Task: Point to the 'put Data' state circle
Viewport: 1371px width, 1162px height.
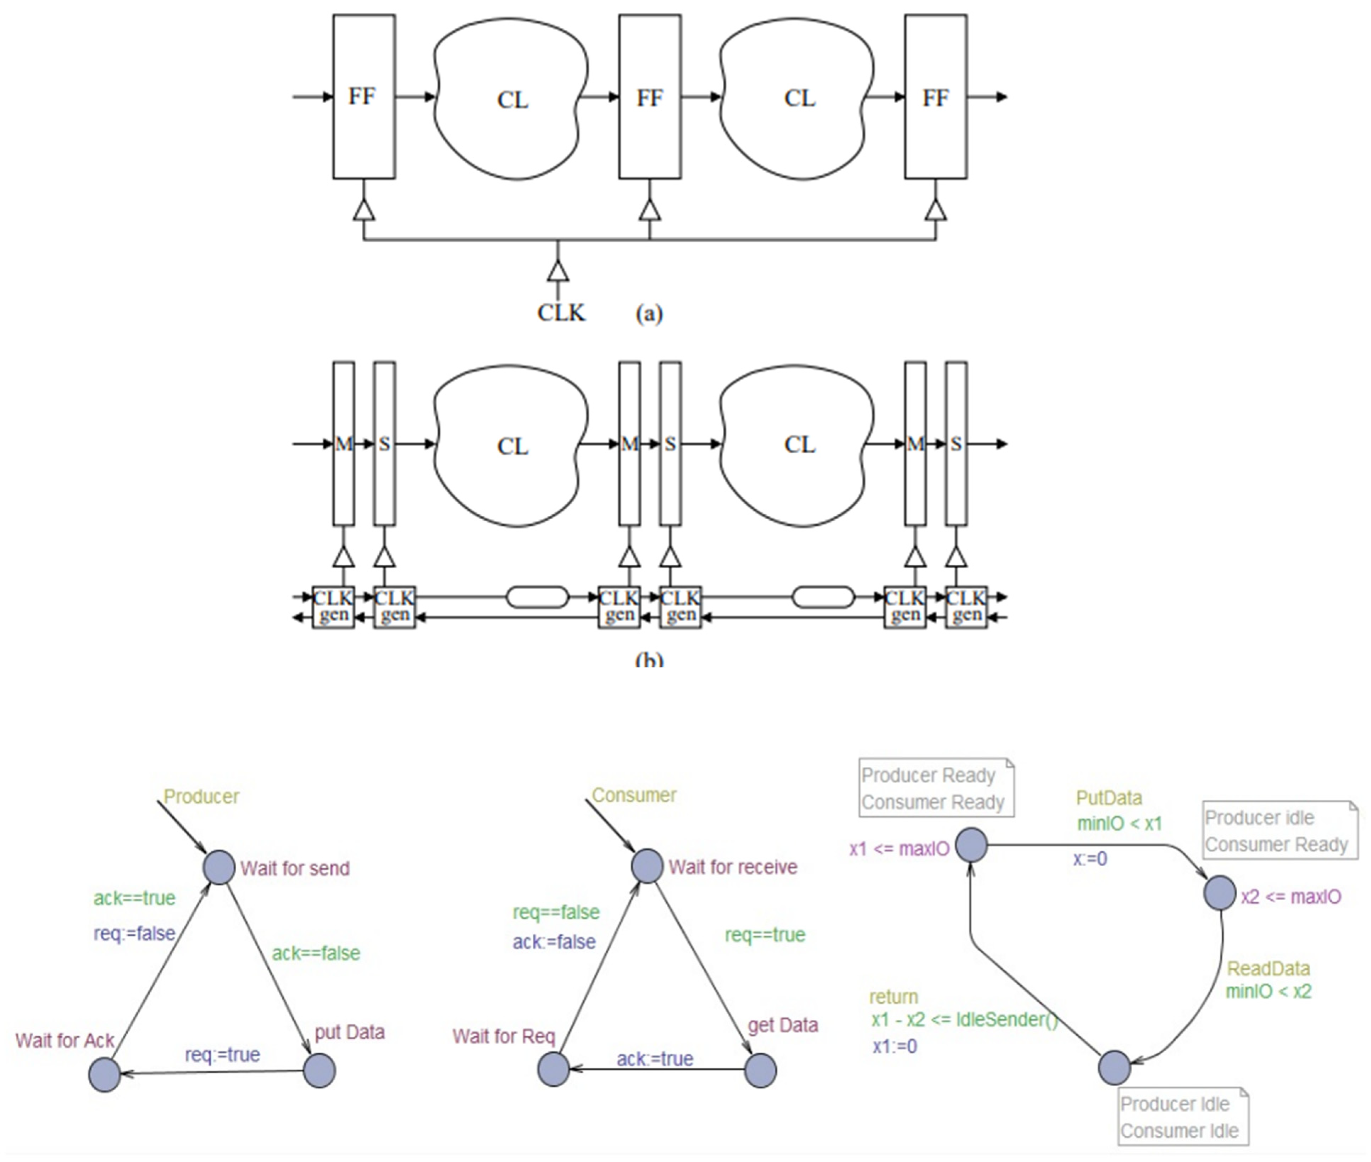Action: point(320,1070)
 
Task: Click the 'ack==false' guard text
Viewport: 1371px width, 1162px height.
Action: point(316,953)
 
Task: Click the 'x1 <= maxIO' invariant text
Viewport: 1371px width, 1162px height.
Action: point(899,848)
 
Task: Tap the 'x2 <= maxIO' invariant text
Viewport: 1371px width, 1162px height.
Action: point(1290,897)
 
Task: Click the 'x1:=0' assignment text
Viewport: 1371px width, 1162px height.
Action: point(894,1046)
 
